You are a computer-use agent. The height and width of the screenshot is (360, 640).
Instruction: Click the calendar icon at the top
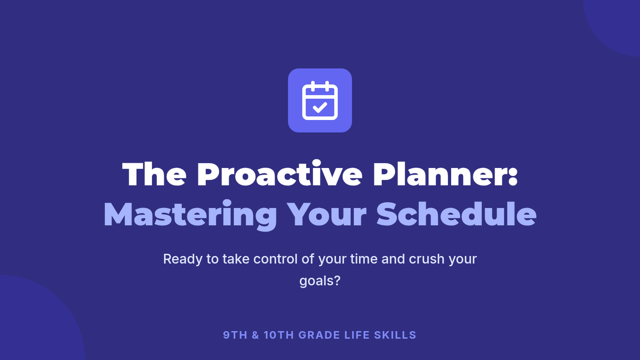tap(319, 100)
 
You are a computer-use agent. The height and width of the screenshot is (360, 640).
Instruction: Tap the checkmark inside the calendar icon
tap(319, 107)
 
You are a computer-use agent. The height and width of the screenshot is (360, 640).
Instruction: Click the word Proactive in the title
tap(279, 174)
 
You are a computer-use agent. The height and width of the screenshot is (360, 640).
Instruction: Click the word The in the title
tap(154, 174)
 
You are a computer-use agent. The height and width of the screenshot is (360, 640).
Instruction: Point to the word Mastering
tap(190, 215)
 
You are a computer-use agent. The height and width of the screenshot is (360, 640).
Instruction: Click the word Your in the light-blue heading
tap(327, 214)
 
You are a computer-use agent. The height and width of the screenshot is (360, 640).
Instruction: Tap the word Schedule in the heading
tap(457, 214)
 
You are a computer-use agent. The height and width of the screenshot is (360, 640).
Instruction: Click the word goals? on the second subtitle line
tap(320, 281)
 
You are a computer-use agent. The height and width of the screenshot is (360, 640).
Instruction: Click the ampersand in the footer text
tap(255, 335)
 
